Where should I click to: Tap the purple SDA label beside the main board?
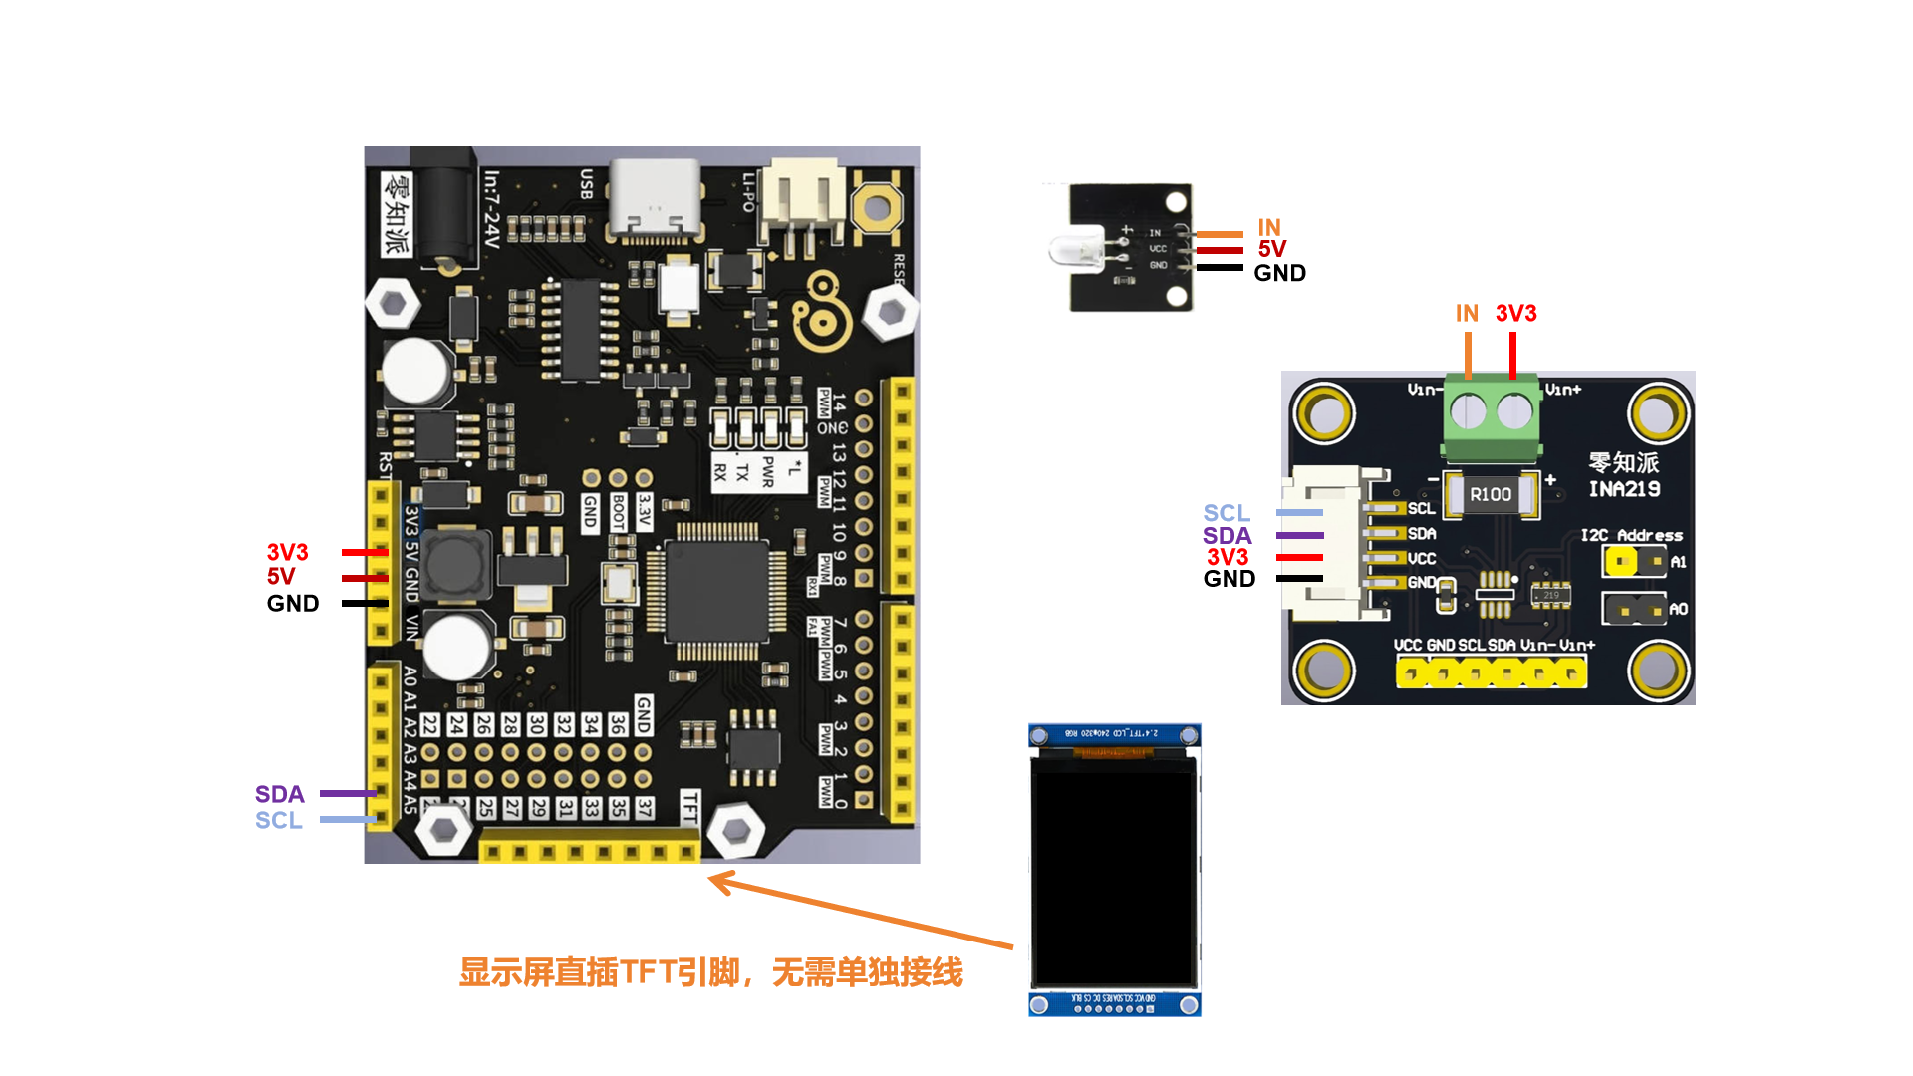(279, 794)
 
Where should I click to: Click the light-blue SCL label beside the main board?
(278, 820)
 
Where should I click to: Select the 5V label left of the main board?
(281, 576)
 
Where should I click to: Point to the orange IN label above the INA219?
(1467, 313)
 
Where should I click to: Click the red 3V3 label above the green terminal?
(1515, 313)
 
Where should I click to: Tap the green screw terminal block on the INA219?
(1492, 415)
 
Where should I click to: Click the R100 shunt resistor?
(1491, 494)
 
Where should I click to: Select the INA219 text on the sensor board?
(1624, 489)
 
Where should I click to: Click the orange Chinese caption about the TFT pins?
(710, 972)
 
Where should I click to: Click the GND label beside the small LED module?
(1279, 273)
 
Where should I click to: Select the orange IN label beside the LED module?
(1268, 227)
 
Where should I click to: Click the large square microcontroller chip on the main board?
(716, 592)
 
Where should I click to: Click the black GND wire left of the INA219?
(1299, 579)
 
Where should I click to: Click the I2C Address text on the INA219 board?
(1631, 536)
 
